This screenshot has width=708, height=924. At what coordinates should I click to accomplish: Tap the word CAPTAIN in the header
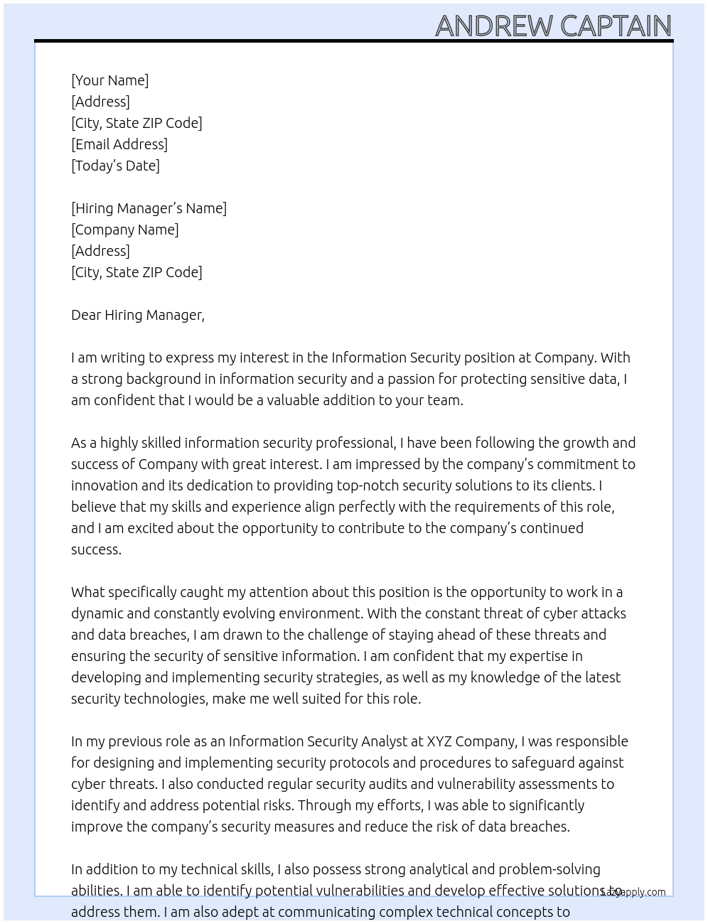616,26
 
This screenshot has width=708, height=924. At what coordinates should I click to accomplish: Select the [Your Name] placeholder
110,80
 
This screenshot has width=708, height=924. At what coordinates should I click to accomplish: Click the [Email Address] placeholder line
119,144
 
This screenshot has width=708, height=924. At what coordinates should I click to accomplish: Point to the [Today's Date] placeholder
115,166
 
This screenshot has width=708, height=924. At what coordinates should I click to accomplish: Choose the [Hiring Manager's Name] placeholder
149,208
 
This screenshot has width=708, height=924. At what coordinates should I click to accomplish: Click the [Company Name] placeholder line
125,230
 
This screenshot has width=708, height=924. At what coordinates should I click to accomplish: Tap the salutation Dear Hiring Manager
138,315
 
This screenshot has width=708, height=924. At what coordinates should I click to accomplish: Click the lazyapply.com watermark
633,892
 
